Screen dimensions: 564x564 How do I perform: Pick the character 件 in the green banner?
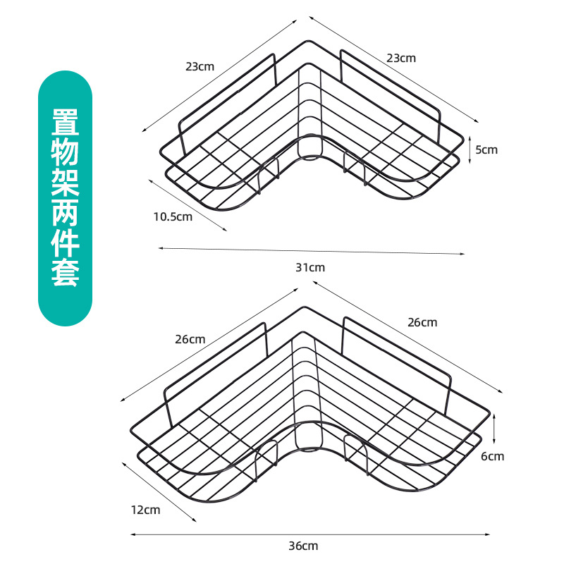click(65, 244)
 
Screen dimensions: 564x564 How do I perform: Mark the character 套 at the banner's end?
click(65, 274)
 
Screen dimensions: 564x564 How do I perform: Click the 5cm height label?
click(486, 149)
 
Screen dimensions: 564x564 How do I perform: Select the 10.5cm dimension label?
click(173, 216)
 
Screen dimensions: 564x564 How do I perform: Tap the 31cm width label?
click(311, 267)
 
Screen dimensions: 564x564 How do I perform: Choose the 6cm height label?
click(493, 456)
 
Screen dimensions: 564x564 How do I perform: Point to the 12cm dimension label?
click(145, 509)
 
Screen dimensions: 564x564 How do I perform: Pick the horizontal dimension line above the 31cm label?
click(311, 251)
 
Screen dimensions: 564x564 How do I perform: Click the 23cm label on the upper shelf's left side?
click(200, 66)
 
